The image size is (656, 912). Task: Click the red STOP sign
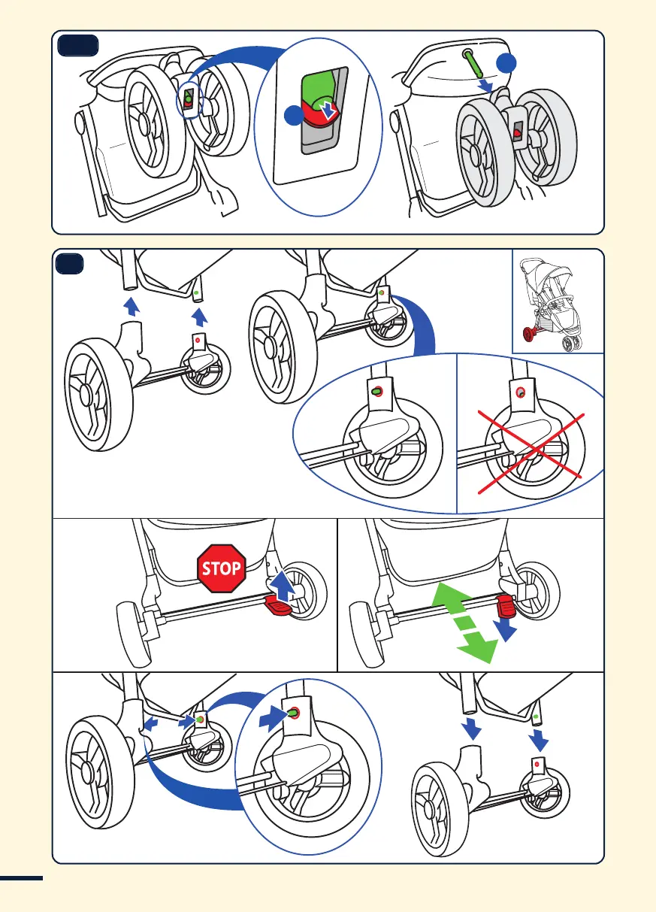[x=221, y=568]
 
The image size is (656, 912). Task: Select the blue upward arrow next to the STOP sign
[x=280, y=583]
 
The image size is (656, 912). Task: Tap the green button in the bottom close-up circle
[x=292, y=713]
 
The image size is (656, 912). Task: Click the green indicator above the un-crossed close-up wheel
[x=376, y=390]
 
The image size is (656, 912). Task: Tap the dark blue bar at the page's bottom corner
[x=23, y=877]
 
